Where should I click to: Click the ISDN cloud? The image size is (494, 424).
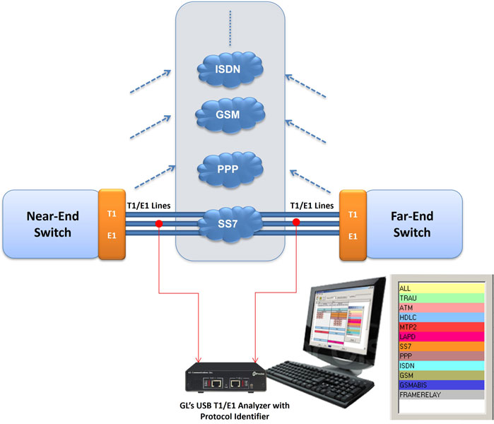click(x=230, y=69)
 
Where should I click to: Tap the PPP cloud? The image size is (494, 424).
click(x=230, y=168)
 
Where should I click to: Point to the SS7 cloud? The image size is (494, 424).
click(x=230, y=224)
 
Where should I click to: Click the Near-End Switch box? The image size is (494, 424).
click(x=49, y=223)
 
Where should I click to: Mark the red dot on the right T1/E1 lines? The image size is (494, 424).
click(x=296, y=223)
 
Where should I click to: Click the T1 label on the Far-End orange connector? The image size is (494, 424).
click(x=352, y=213)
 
